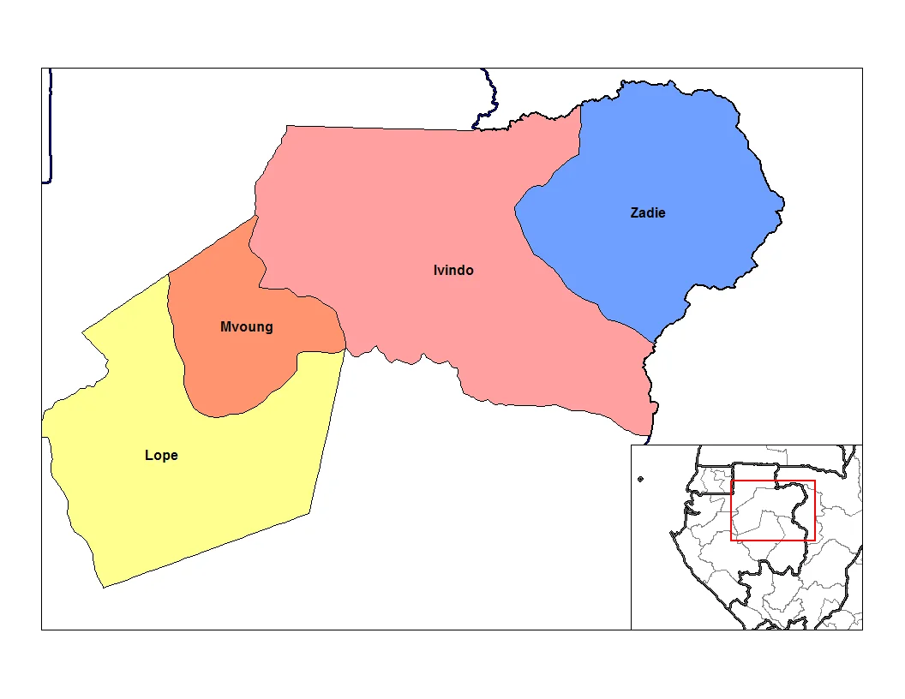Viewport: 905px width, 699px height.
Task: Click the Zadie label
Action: click(647, 212)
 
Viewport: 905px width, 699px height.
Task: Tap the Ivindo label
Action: click(453, 271)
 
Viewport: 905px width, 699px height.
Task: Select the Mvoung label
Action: click(246, 326)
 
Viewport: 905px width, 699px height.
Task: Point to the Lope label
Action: click(161, 455)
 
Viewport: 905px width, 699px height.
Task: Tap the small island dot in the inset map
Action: click(640, 479)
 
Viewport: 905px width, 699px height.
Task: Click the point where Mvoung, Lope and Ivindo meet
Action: click(345, 349)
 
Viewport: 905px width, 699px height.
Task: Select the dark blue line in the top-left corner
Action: click(50, 128)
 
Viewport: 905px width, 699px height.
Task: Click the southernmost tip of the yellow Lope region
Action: click(104, 587)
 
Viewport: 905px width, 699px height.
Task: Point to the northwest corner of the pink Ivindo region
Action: click(287, 127)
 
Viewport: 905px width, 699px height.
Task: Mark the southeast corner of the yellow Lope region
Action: click(309, 513)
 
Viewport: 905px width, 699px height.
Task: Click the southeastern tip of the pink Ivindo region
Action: click(651, 433)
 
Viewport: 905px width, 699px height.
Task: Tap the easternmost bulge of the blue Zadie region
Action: click(782, 204)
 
